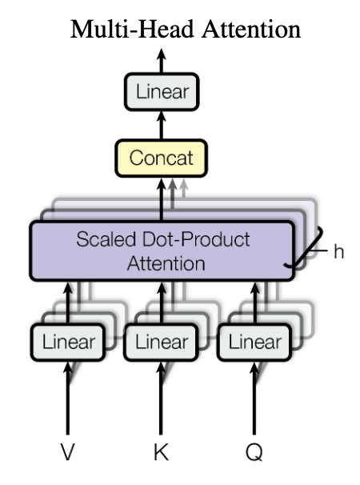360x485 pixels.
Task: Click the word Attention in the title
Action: tap(251, 30)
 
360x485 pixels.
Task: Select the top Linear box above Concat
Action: tap(162, 91)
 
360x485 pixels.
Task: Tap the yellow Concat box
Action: tap(161, 158)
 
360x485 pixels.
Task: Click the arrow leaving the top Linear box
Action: tap(161, 61)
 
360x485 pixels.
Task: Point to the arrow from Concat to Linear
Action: tap(161, 125)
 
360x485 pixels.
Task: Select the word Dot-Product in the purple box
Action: tap(196, 239)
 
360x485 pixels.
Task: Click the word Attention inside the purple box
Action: tap(166, 263)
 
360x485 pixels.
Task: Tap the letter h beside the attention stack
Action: tap(339, 251)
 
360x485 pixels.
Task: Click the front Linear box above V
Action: tap(68, 342)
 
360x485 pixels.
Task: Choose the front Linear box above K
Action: tap(161, 342)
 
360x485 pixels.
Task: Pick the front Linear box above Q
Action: tap(254, 342)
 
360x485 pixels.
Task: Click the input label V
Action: tap(68, 452)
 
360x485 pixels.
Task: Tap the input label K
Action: tap(161, 452)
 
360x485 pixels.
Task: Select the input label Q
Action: tap(254, 452)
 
